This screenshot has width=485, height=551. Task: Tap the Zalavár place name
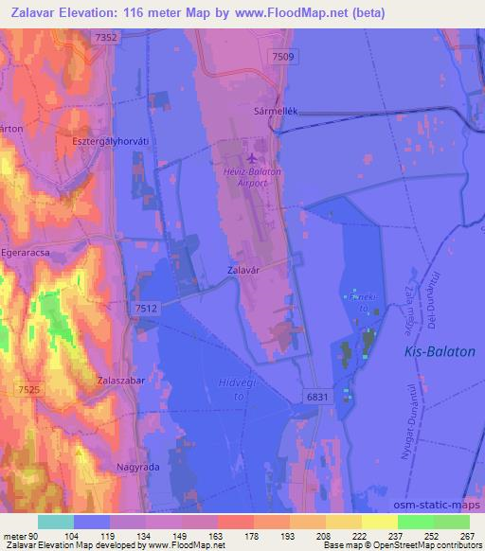245,269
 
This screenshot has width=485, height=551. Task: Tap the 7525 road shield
28,389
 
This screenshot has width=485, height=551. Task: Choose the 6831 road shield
318,398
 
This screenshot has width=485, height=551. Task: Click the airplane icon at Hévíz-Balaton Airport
250,158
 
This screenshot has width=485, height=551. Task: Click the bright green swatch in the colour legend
415,523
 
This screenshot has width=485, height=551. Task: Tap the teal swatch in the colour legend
56,523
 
